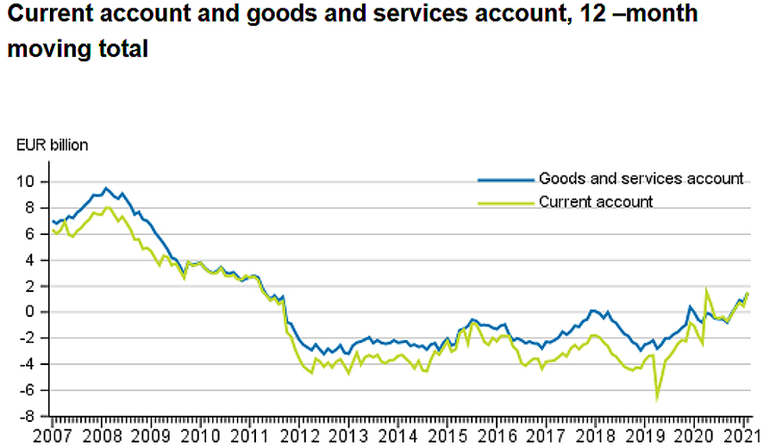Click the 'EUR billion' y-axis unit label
[53, 146]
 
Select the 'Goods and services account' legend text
[641, 179]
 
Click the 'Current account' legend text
[596, 202]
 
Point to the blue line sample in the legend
[505, 180]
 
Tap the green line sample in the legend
[505, 203]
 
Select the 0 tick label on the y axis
[36, 312]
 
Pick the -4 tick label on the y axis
[33, 364]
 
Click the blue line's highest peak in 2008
[106, 188]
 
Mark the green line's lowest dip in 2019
[657, 399]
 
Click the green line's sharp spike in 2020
[707, 291]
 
